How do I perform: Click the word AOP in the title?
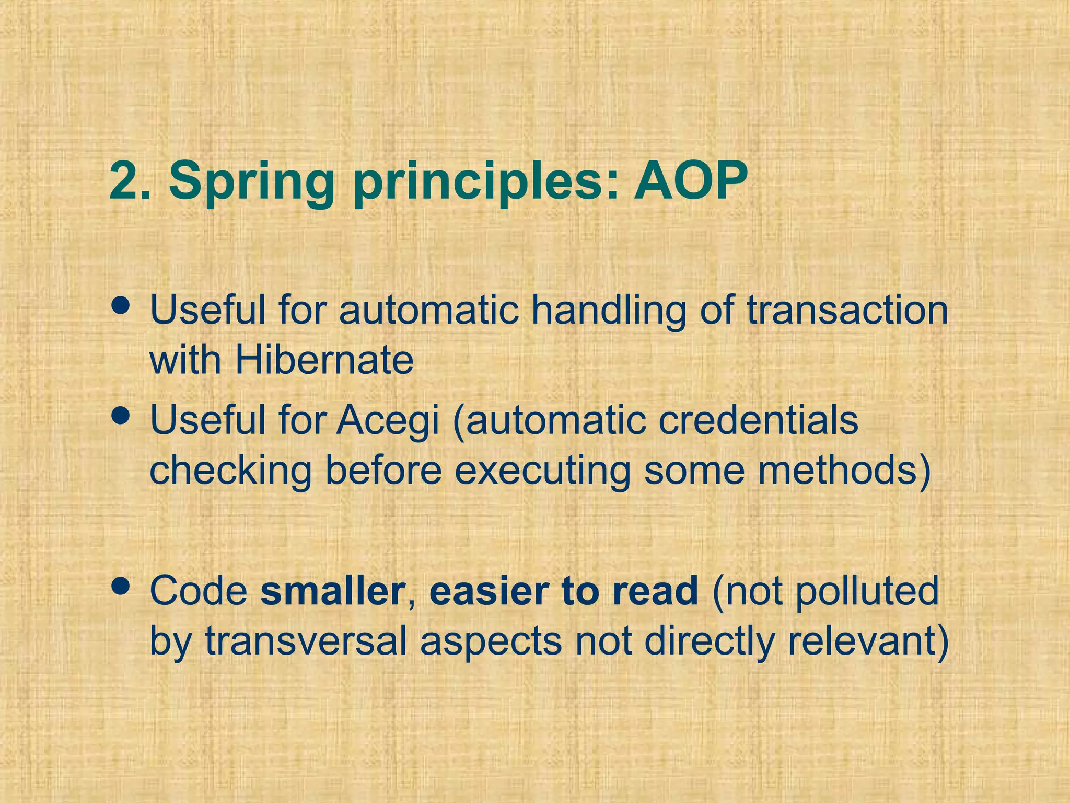691,181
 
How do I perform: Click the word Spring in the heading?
252,183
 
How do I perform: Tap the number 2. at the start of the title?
130,181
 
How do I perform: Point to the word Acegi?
388,421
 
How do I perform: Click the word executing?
542,472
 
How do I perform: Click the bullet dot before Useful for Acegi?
121,416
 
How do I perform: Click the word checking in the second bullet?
230,472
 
